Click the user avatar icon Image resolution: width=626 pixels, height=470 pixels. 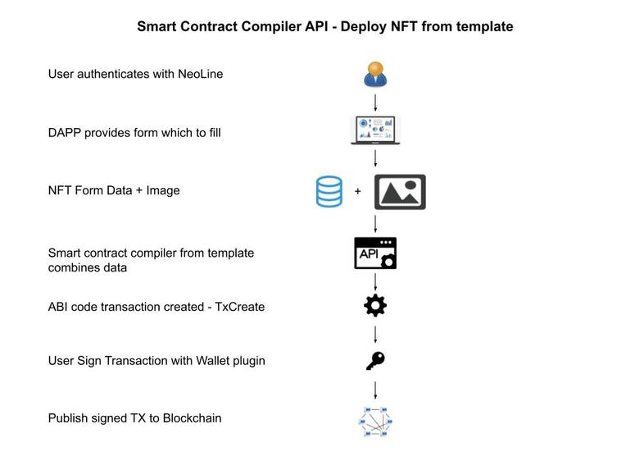(x=375, y=74)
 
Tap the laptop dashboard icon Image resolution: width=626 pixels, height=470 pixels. (x=375, y=130)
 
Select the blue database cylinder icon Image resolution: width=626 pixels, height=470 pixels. (x=329, y=192)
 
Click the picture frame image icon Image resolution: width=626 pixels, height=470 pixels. (x=400, y=192)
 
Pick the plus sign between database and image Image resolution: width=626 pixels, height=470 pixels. (x=358, y=192)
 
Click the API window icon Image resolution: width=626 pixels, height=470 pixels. (x=375, y=253)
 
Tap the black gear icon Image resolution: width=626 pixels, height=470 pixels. (x=375, y=306)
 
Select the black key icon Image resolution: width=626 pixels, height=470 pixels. (x=375, y=361)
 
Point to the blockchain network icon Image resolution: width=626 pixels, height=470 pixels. (x=375, y=421)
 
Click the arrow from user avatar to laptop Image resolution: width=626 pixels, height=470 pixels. (x=375, y=103)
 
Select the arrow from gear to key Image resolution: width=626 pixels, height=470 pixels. (x=375, y=334)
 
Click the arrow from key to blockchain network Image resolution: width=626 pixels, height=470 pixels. (x=375, y=389)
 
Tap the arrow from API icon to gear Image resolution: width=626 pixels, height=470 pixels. (x=375, y=281)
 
